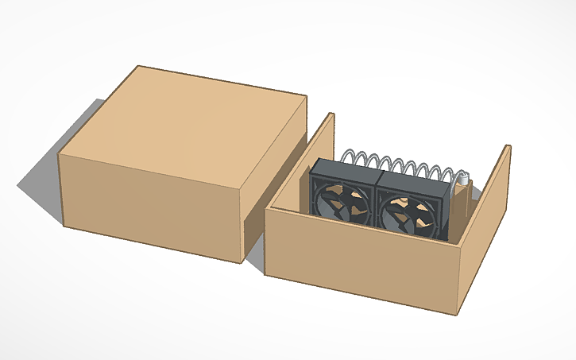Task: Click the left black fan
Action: click(x=342, y=199)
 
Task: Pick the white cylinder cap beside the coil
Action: click(x=463, y=182)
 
